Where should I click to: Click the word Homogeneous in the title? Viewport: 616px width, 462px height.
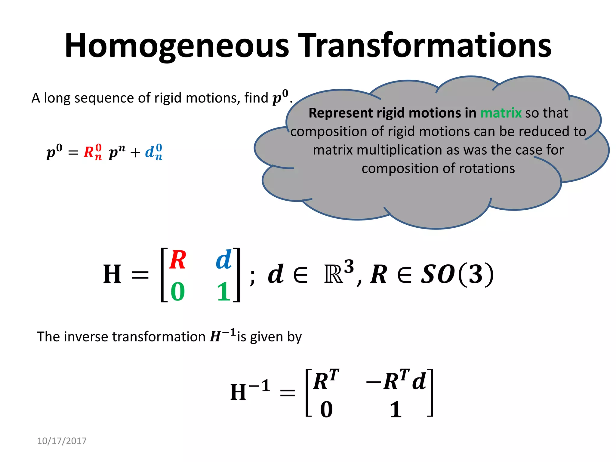177,46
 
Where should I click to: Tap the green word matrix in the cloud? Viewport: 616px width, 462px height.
501,113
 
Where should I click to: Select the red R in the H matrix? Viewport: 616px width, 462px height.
178,260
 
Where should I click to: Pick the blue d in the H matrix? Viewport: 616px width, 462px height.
224,260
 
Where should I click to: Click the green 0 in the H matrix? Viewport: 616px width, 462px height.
178,292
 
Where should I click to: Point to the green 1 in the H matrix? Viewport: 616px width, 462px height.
223,292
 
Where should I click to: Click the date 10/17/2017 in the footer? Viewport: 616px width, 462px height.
62,441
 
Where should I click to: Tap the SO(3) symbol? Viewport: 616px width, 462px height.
457,274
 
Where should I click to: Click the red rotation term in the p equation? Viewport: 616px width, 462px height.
93,152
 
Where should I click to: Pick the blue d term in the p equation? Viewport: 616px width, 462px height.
154,152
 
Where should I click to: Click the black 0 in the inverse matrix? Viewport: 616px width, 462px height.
326,410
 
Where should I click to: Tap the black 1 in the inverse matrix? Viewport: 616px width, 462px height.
396,410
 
